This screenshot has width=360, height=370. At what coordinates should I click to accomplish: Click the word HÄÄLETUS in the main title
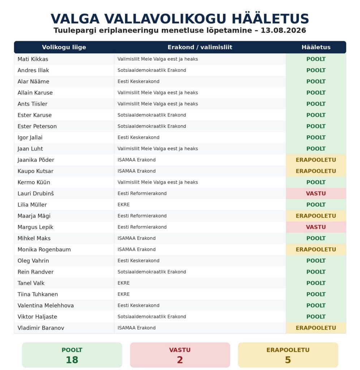270,18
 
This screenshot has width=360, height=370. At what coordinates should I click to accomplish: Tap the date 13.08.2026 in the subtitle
283,30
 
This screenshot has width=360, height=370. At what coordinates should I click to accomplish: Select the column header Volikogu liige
64,47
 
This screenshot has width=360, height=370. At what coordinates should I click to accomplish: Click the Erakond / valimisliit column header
200,47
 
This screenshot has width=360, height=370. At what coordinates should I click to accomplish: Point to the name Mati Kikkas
33,59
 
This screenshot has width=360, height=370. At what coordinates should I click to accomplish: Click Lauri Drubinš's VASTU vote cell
316,194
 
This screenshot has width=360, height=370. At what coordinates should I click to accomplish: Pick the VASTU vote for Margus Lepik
316,227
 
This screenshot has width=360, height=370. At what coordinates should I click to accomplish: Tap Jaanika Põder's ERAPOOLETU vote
316,160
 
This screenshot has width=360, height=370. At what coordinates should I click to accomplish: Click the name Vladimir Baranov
41,328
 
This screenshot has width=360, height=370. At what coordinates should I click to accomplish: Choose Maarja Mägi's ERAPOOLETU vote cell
316,216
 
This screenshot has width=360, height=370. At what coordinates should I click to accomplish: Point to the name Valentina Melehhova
46,305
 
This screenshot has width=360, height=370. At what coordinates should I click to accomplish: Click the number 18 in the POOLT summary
72,360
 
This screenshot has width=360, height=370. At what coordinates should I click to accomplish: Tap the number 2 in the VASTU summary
180,360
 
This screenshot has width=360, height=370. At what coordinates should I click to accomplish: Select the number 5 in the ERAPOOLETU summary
288,360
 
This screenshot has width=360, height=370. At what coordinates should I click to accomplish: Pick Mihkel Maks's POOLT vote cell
316,238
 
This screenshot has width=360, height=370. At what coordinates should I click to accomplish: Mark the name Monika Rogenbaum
44,249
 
